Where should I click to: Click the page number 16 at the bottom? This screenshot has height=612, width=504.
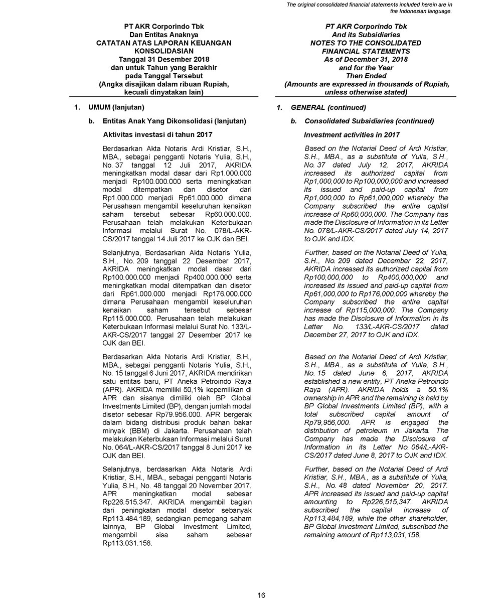click(261, 595)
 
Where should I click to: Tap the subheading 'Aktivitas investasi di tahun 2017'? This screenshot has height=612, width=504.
click(157, 134)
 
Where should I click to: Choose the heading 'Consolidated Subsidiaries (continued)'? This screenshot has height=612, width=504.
click(369, 121)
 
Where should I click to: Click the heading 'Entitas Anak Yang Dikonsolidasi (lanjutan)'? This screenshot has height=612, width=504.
click(174, 121)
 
